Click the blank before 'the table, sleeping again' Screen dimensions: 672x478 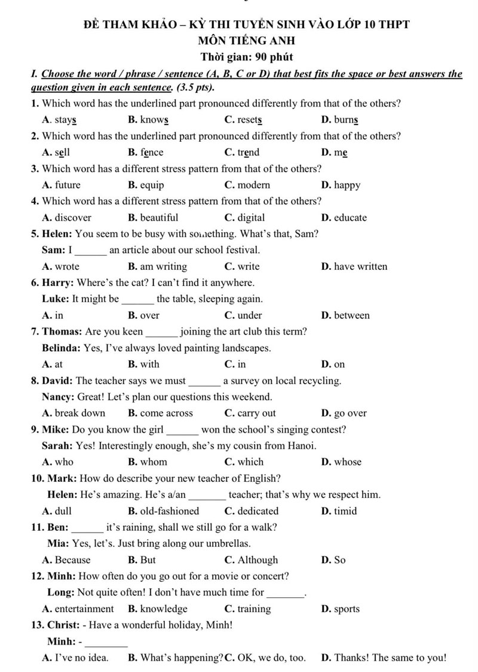pyautogui.click(x=137, y=299)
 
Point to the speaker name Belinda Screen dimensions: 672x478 pyautogui.click(x=62, y=348)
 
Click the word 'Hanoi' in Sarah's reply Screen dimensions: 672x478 pyautogui.click(x=302, y=446)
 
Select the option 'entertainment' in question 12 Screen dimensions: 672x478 pyautogui.click(x=84, y=609)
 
